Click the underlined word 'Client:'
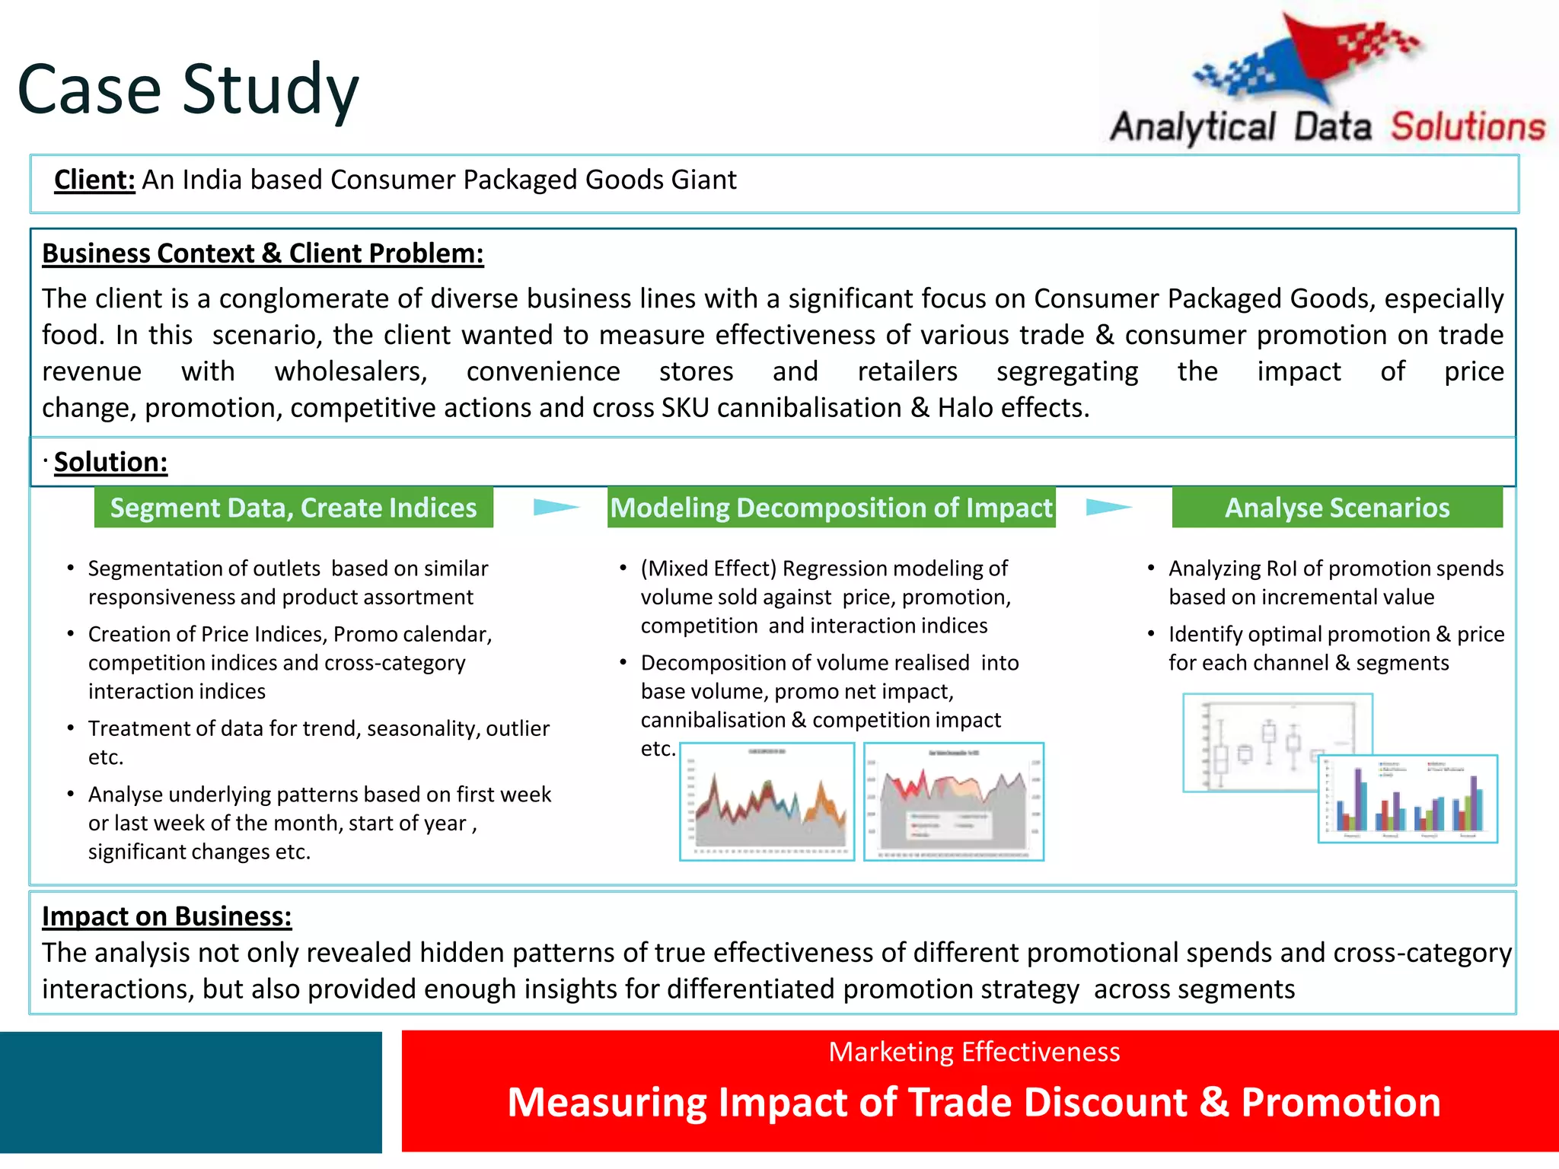pos(94,180)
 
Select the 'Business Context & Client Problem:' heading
pos(263,253)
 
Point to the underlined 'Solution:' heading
pos(110,462)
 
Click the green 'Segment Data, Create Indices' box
pos(293,508)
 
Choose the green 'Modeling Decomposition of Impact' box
pos(831,508)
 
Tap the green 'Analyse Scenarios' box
pos(1337,508)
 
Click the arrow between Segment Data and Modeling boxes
pos(556,507)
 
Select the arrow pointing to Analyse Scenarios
pos(1108,507)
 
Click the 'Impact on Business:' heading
pos(167,916)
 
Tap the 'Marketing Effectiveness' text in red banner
pos(974,1052)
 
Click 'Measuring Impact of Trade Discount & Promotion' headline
pos(974,1102)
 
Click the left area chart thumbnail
pos(767,801)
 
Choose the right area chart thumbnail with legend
pos(954,801)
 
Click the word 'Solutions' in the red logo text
pos(1468,126)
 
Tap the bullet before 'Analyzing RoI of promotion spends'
pos(1151,569)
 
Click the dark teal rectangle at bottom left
pos(190,1092)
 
